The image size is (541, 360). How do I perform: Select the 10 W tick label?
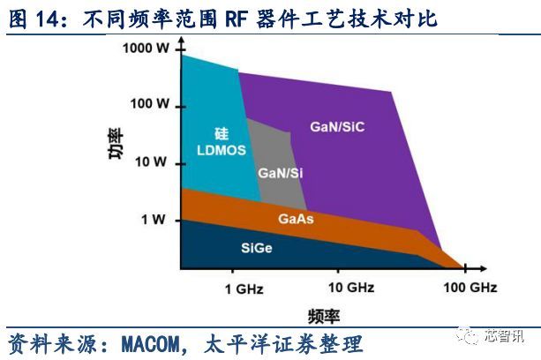[x=154, y=161]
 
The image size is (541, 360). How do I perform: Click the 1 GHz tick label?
[x=244, y=288]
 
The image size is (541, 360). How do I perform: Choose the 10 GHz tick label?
[x=350, y=288]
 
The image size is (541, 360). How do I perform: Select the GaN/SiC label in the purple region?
[x=337, y=126]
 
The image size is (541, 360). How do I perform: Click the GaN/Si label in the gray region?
[x=277, y=174]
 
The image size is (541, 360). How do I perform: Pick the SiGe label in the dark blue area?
[x=257, y=247]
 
